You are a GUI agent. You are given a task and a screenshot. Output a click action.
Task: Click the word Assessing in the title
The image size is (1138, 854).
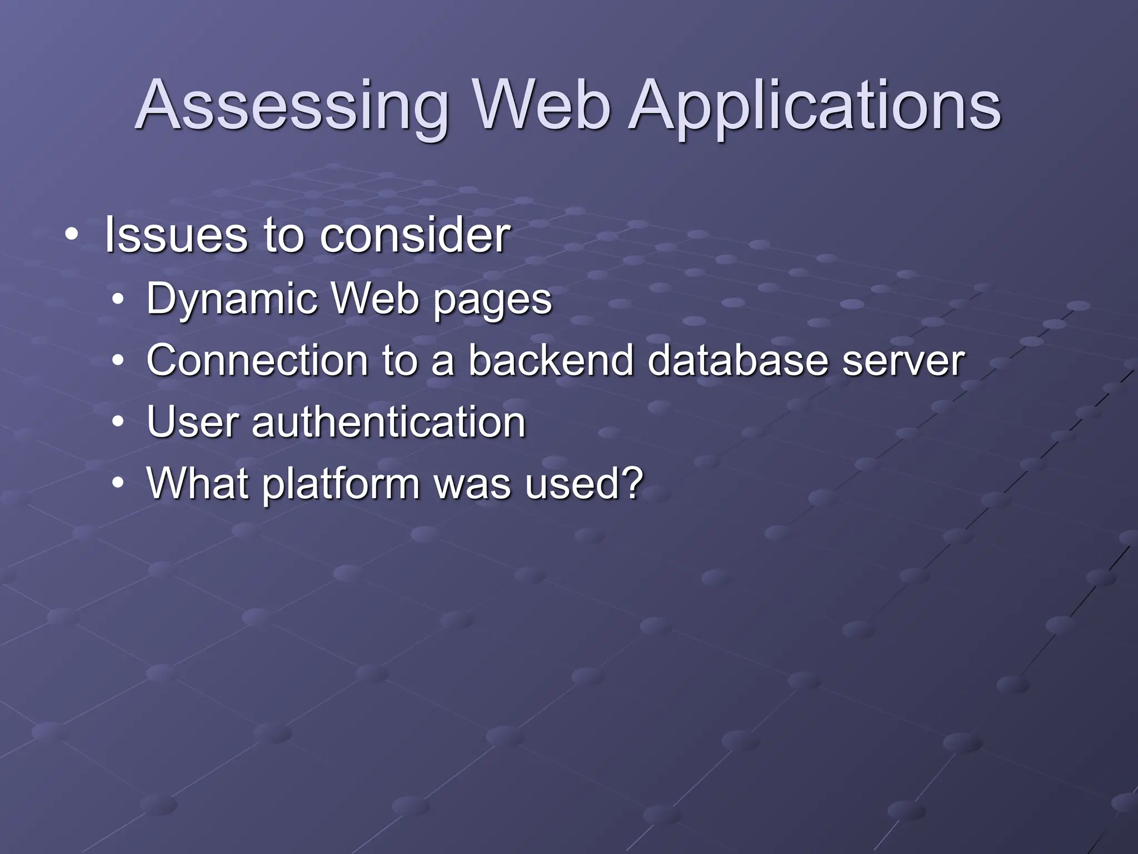pos(291,106)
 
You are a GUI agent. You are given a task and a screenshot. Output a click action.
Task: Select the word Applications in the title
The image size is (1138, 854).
pos(815,106)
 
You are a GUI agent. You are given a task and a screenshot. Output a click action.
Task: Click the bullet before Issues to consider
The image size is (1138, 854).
pos(71,236)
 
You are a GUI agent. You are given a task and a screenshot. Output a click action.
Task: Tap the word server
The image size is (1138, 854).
pos(903,361)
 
